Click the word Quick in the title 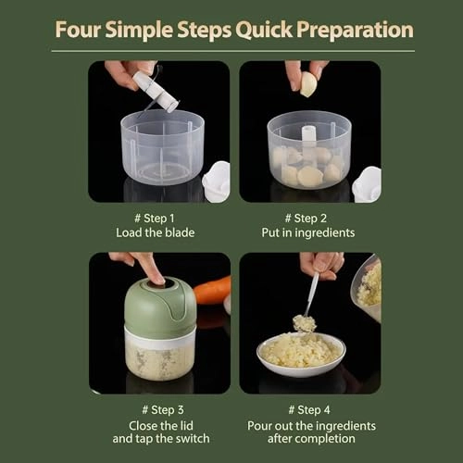click(264, 31)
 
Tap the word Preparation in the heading click(355, 31)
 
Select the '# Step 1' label click(155, 219)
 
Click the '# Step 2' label click(306, 219)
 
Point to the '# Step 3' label click(163, 410)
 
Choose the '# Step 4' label click(309, 410)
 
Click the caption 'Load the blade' click(156, 232)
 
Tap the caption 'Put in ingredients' click(308, 233)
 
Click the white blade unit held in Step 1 click(156, 92)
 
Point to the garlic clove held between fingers click(308, 84)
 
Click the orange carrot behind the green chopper click(213, 291)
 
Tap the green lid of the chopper click(160, 306)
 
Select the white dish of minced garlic click(301, 355)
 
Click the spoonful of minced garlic click(305, 323)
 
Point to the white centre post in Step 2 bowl click(308, 136)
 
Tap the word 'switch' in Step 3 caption click(194, 439)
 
